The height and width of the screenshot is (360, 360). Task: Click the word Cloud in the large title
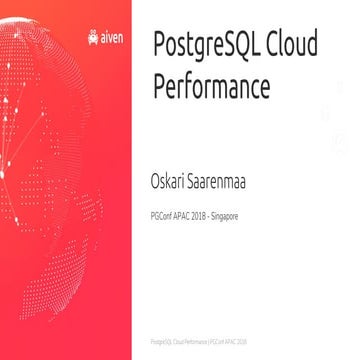[x=294, y=45]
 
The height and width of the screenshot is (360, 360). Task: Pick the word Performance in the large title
[x=211, y=86]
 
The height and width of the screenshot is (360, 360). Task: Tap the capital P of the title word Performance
[x=159, y=86]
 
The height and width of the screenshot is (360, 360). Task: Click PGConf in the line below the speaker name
[x=160, y=215]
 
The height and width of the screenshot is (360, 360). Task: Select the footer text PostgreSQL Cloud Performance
[x=177, y=340]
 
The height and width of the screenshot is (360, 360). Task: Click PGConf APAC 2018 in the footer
[x=228, y=340]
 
